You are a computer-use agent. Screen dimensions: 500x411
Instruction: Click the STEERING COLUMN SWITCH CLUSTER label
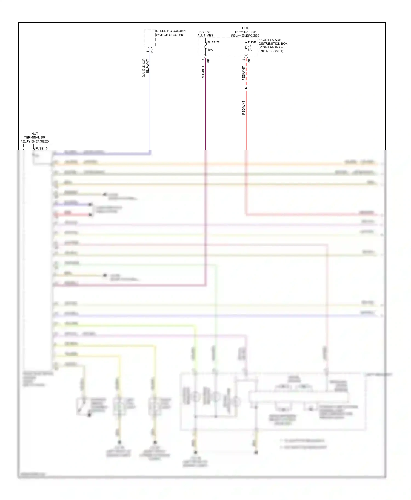[x=170, y=33]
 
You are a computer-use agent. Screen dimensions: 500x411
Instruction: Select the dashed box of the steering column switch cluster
[x=150, y=38]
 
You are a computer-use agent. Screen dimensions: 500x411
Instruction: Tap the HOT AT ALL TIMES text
[x=205, y=34]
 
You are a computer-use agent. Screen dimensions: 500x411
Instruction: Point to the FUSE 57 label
[x=213, y=42]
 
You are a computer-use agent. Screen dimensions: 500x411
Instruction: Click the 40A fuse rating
[x=210, y=50]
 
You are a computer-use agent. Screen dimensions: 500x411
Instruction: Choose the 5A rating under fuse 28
[x=250, y=50]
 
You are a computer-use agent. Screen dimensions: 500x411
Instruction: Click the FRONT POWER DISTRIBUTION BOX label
[x=273, y=45]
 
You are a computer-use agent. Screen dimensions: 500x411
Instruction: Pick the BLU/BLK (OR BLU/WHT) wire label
[x=145, y=68]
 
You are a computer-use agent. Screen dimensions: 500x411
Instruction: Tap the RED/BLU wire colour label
[x=203, y=73]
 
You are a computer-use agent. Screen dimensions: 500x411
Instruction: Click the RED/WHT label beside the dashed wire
[x=244, y=73]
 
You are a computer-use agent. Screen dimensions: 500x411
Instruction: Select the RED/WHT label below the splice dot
[x=244, y=107]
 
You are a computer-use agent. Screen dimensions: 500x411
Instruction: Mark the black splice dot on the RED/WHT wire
[x=246, y=88]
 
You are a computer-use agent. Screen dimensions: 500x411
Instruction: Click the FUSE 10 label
[x=41, y=149]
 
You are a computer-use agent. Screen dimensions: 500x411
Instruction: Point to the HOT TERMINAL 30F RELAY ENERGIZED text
[x=35, y=138]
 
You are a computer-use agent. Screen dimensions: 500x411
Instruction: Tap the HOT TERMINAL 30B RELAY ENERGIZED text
[x=245, y=32]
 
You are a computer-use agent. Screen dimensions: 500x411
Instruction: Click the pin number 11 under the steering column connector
[x=148, y=51]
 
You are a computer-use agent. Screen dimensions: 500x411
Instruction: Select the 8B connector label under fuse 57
[x=208, y=61]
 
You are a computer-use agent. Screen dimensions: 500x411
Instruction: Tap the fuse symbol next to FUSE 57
[x=206, y=46]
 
